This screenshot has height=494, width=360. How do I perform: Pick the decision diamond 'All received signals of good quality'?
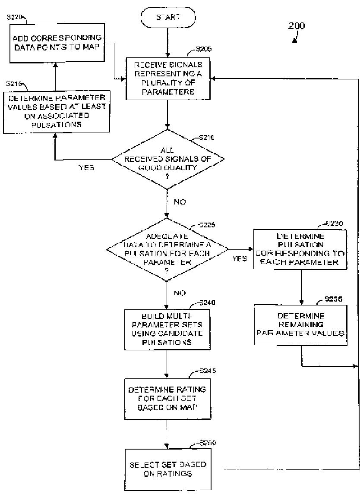tap(168, 159)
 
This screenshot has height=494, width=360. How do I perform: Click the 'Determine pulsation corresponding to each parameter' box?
tap(300, 249)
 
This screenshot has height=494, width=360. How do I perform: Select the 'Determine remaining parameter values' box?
tap(300, 324)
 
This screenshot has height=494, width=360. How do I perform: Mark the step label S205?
tap(203, 50)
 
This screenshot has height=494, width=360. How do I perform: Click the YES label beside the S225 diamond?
tap(240, 259)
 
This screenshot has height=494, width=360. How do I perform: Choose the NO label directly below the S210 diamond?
tap(180, 201)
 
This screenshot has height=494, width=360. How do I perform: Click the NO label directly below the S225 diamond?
tap(180, 293)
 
